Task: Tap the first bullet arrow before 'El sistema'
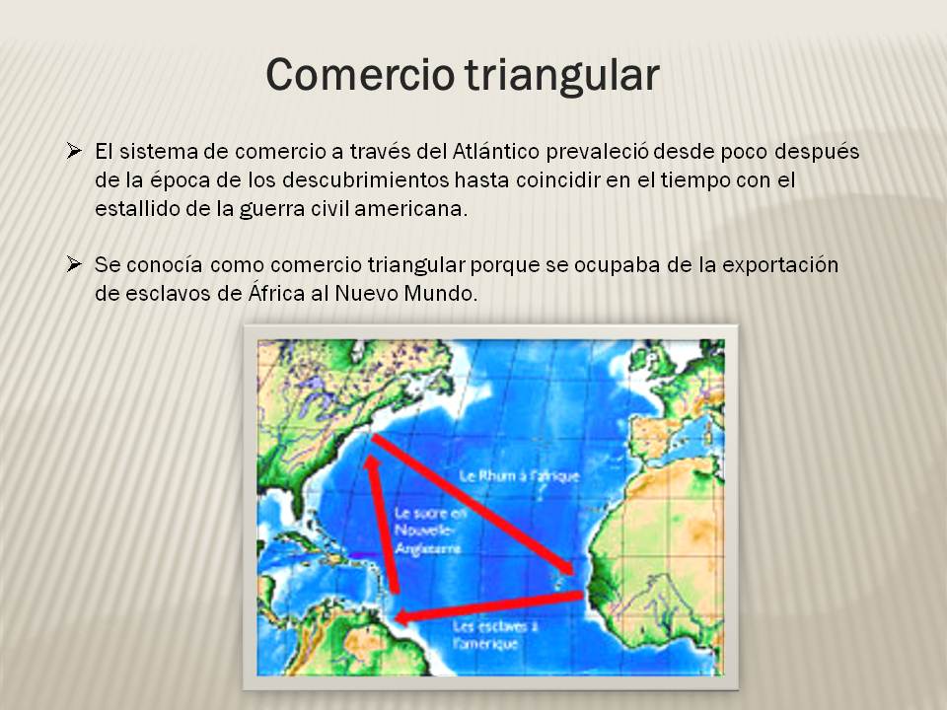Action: (74, 152)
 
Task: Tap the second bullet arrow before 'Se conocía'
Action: (74, 264)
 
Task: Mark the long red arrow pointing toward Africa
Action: (473, 503)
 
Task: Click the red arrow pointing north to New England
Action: (384, 523)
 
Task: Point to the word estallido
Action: (132, 210)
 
